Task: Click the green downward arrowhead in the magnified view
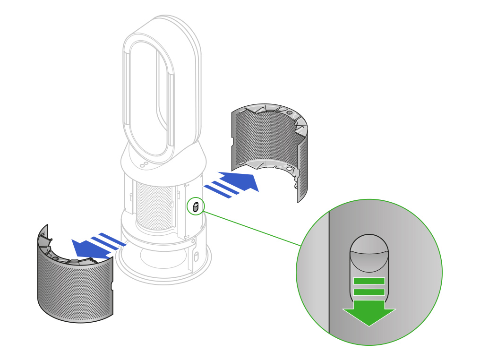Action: [369, 316]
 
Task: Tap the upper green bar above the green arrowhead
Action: [369, 281]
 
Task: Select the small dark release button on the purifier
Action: [195, 206]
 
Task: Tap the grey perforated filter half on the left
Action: [76, 288]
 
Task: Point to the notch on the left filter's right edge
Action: [112, 286]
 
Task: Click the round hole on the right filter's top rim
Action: [290, 113]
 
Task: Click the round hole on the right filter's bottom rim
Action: [290, 168]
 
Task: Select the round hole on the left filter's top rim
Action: [56, 259]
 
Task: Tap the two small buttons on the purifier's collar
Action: [144, 164]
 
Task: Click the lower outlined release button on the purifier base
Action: [196, 257]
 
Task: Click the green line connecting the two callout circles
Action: [253, 229]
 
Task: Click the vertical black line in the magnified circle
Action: [329, 274]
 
